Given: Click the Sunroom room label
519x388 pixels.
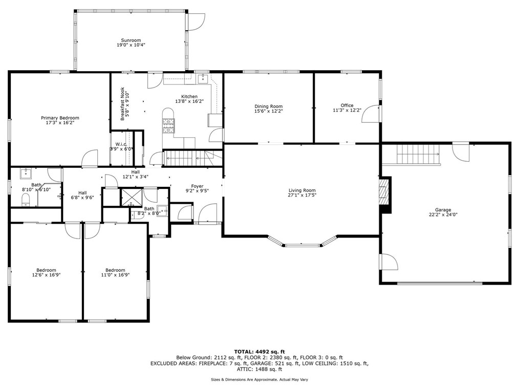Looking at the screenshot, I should [x=131, y=40].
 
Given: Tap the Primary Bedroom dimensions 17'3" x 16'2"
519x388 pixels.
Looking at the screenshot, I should [x=60, y=123].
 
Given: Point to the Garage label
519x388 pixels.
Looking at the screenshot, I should [x=443, y=210].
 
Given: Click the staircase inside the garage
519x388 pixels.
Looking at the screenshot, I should [x=419, y=154].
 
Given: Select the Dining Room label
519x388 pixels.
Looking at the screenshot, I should [x=269, y=106].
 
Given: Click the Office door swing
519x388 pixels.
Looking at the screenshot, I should [x=371, y=114].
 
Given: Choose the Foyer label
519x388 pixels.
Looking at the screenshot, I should [x=197, y=186].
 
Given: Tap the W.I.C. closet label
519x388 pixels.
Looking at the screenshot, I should [x=121, y=144].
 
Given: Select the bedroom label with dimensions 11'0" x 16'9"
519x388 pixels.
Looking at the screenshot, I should [x=115, y=270].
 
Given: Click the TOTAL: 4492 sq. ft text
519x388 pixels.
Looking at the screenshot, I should [x=259, y=351].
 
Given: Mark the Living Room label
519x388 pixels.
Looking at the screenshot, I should [x=301, y=190].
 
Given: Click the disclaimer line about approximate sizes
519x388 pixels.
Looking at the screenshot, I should [x=259, y=379].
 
